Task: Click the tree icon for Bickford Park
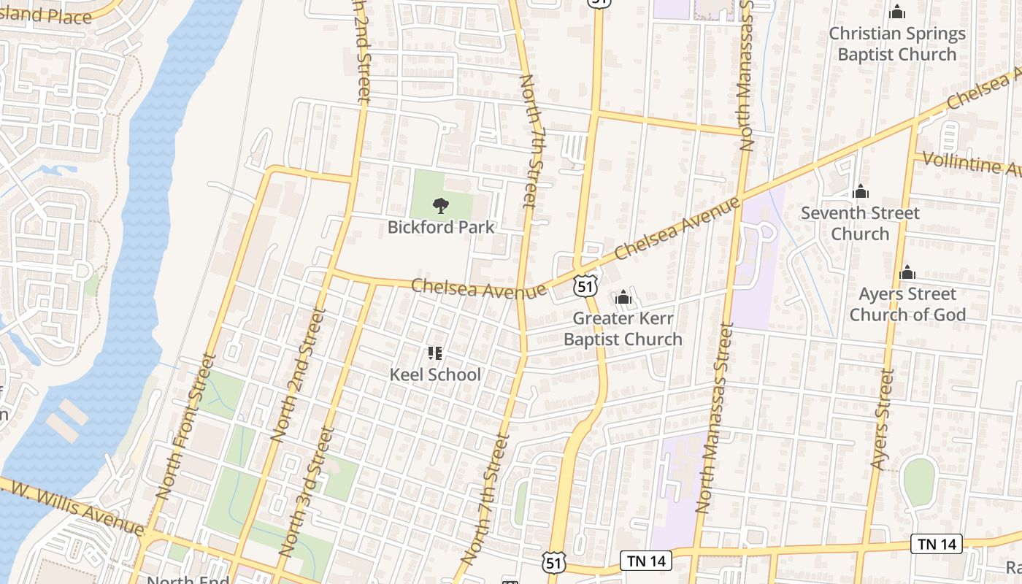[441, 206]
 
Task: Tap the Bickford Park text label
[441, 227]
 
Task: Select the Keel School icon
[435, 354]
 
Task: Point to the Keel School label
[435, 374]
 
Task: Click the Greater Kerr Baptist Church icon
[623, 297]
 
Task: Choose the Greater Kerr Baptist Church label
[623, 328]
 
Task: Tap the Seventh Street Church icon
[861, 192]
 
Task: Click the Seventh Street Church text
[860, 223]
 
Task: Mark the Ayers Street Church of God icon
[907, 273]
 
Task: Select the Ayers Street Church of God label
[907, 304]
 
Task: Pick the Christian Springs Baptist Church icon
[897, 12]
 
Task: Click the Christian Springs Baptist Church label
[897, 44]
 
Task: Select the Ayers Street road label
[883, 419]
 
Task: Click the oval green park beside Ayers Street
[919, 482]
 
